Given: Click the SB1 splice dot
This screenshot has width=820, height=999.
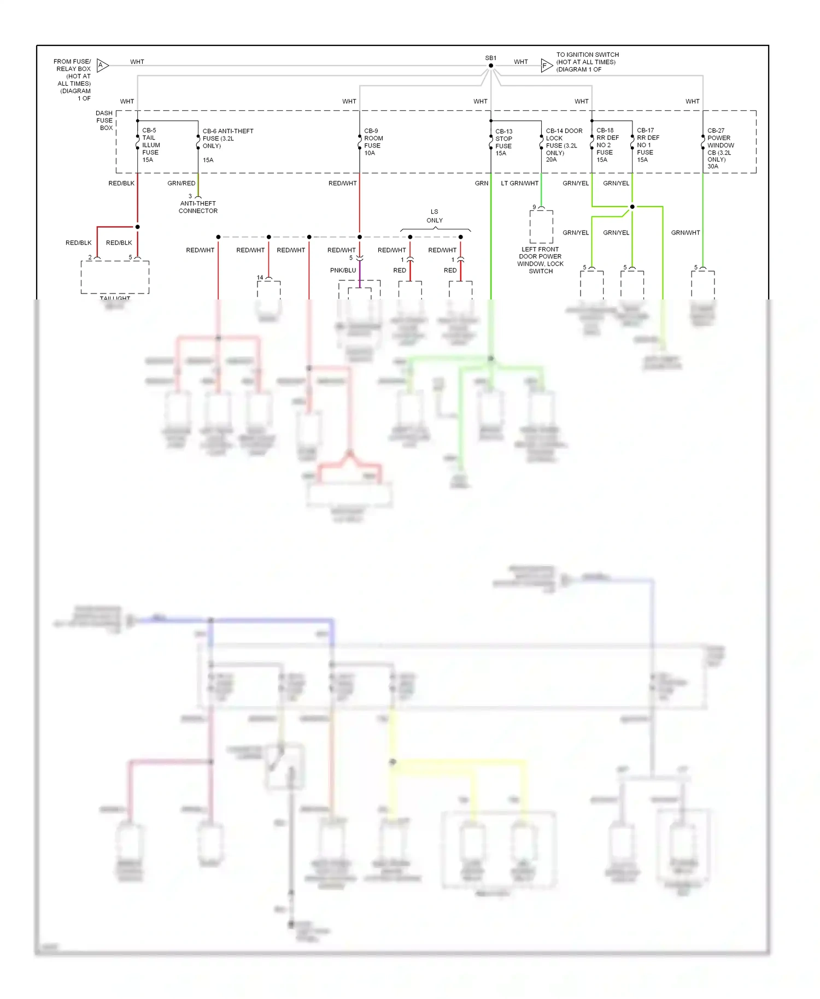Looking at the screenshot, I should (x=491, y=66).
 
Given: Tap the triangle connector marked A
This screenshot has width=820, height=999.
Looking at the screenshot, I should (x=102, y=66).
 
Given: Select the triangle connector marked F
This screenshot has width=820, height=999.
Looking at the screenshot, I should (x=546, y=66).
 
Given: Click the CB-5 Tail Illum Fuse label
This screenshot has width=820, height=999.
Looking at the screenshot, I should (x=150, y=145).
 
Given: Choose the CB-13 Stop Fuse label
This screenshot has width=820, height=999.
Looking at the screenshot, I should (x=503, y=143).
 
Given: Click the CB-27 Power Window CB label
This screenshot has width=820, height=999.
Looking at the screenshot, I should (x=720, y=148).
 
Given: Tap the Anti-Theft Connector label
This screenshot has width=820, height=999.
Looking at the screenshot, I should (x=198, y=207).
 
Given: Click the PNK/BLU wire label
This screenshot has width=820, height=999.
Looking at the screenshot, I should (x=343, y=271).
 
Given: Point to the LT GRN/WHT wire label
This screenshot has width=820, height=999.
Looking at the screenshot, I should (x=519, y=184).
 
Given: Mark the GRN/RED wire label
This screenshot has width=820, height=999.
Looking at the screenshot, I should (x=181, y=184).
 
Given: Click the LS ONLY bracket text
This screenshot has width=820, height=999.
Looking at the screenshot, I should (x=435, y=216).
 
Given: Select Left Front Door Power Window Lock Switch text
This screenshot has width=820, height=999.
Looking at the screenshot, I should (x=540, y=260).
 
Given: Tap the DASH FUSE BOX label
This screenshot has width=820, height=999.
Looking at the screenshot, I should (x=104, y=120).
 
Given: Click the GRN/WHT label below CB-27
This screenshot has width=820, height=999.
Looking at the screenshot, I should (x=686, y=233).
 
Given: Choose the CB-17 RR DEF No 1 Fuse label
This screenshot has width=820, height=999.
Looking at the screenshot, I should (x=647, y=145).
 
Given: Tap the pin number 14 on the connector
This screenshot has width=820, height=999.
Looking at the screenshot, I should (x=260, y=278).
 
